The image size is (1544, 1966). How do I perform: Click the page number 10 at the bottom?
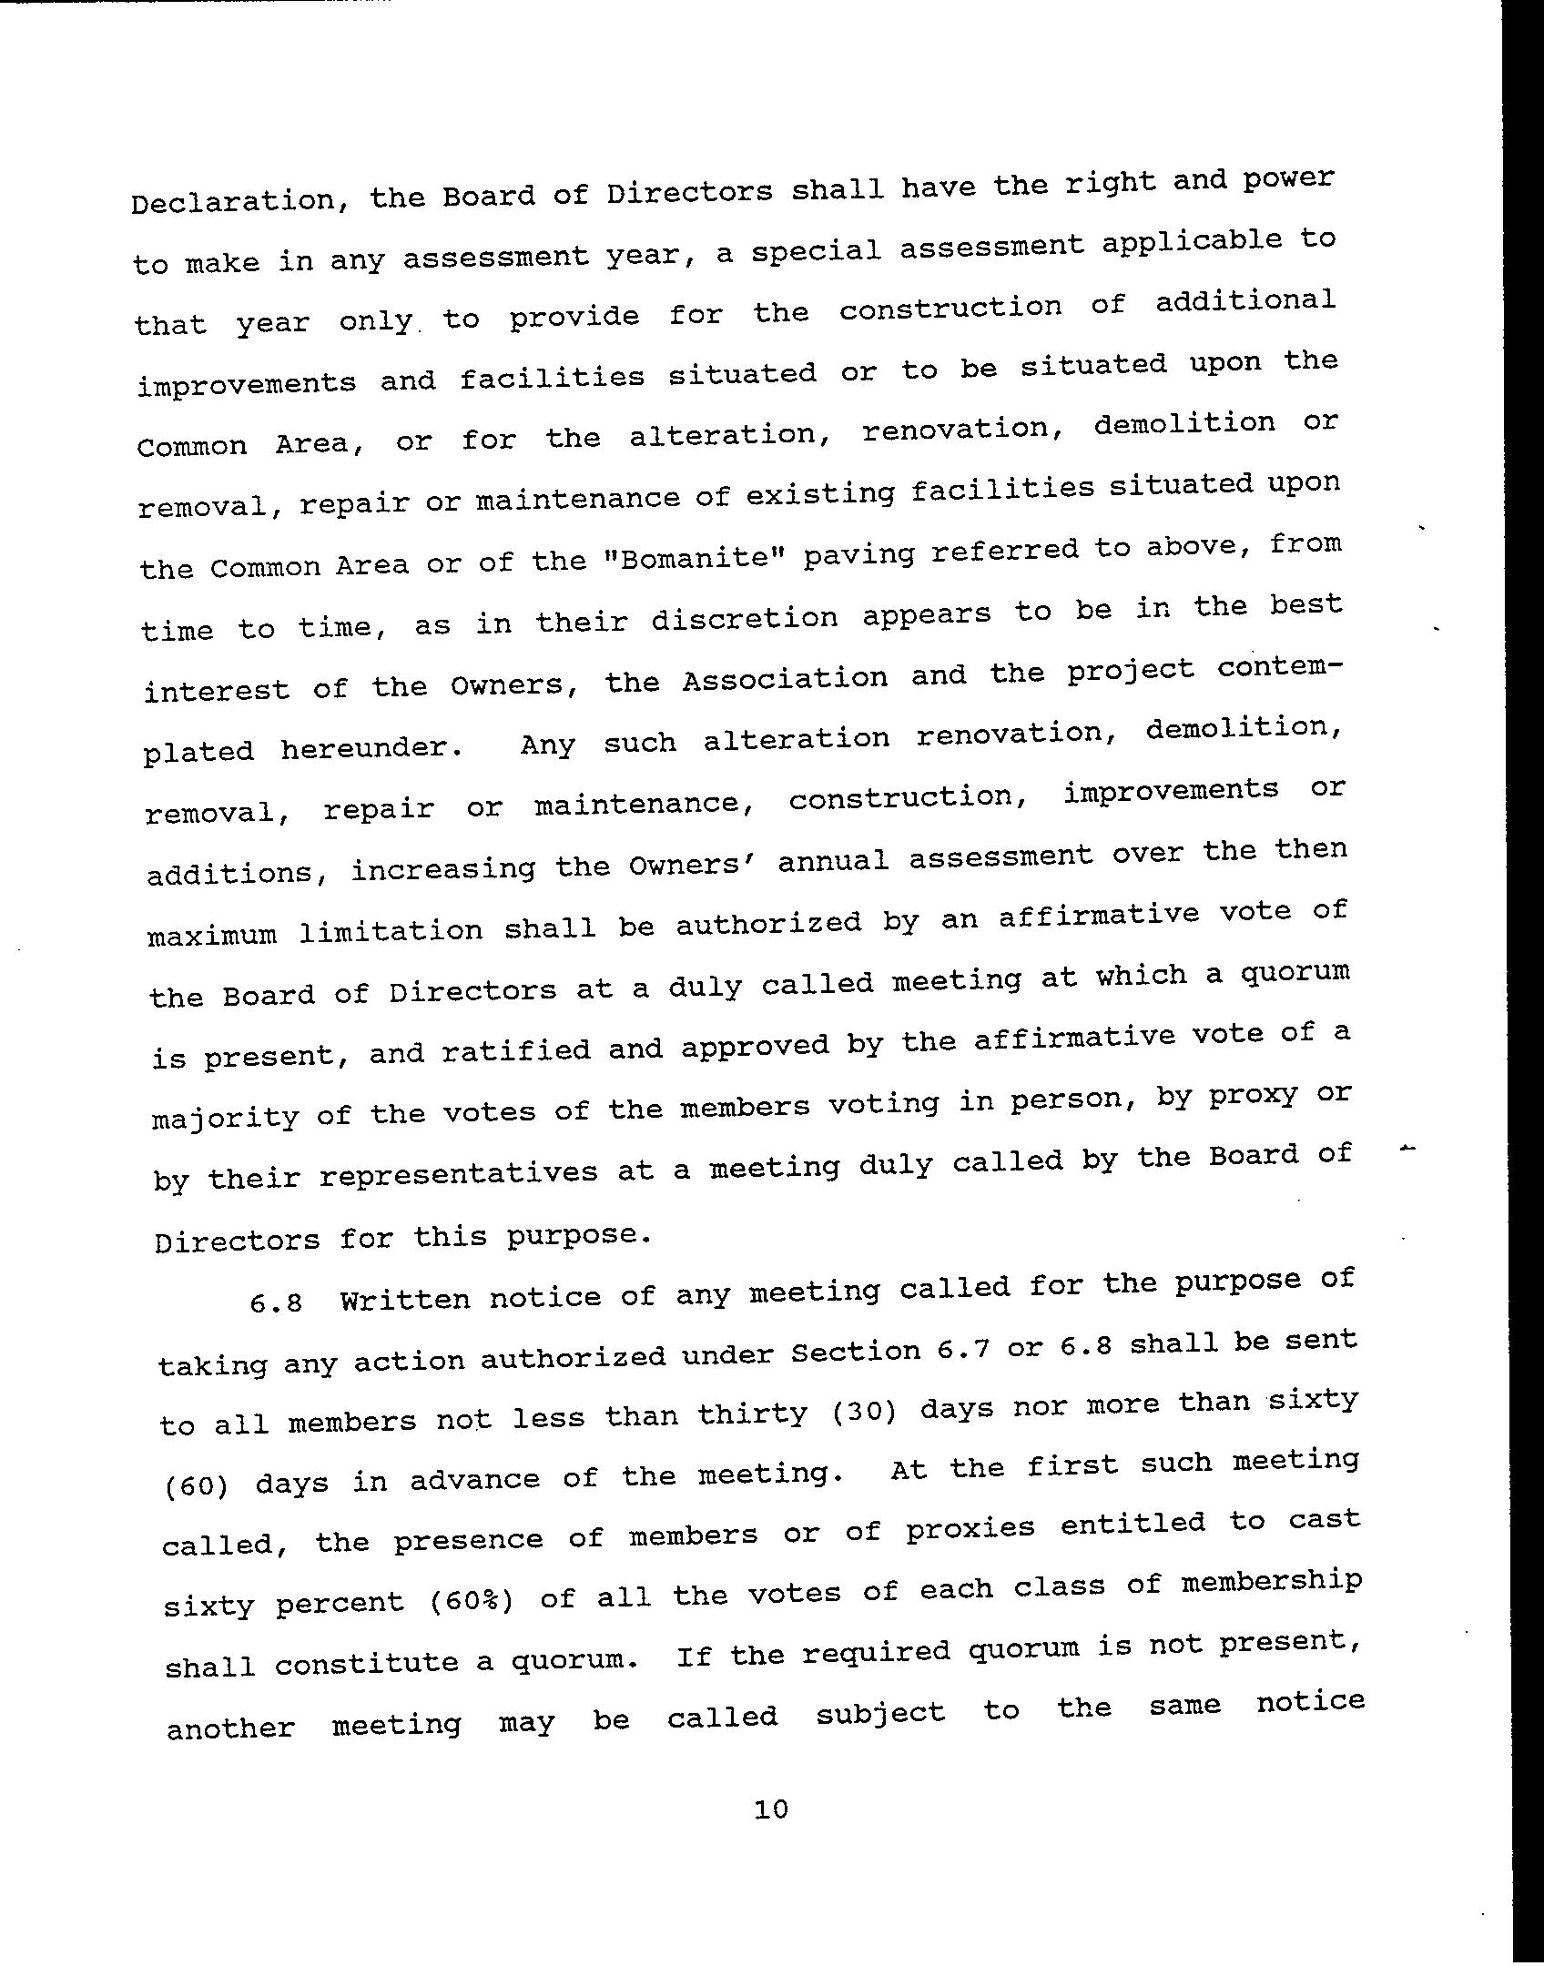point(770,1809)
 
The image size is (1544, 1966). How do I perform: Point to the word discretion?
point(744,619)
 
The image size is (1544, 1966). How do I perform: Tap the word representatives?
point(459,1172)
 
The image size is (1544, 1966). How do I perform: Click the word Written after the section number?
point(404,1297)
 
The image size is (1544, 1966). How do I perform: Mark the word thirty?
point(753,1414)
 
